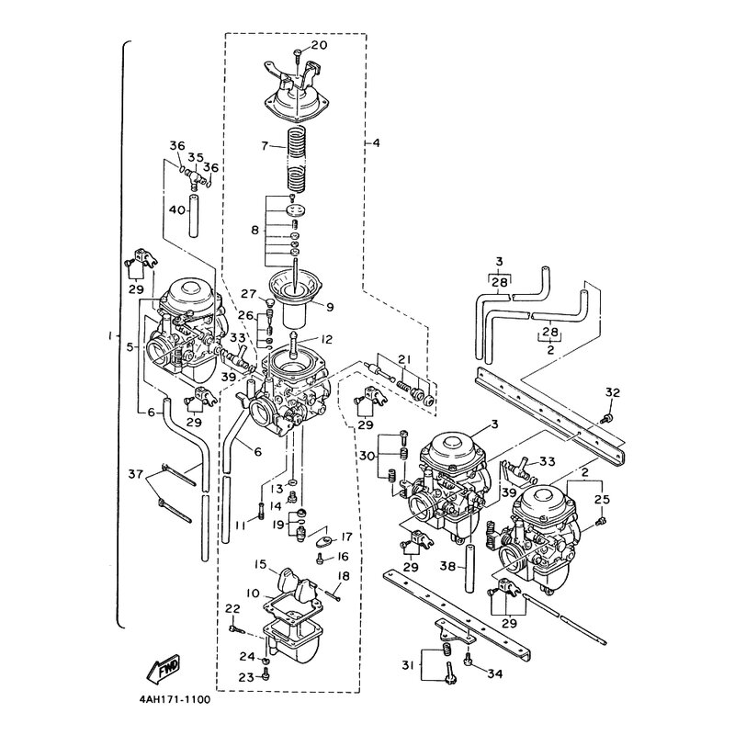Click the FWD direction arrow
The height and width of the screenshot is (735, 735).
click(164, 667)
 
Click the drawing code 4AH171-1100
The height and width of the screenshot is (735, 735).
click(175, 700)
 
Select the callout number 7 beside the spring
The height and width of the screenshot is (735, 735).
click(265, 146)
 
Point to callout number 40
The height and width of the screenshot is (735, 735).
click(176, 210)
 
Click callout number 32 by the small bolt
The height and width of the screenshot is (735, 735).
click(612, 393)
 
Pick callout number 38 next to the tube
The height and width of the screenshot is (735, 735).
click(448, 567)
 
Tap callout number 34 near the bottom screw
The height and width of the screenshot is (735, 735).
click(494, 674)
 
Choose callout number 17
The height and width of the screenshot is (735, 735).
click(346, 536)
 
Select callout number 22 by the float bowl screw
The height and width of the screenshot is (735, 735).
click(232, 609)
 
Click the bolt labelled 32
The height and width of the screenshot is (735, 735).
click(607, 417)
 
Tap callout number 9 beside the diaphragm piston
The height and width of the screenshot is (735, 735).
click(330, 307)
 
